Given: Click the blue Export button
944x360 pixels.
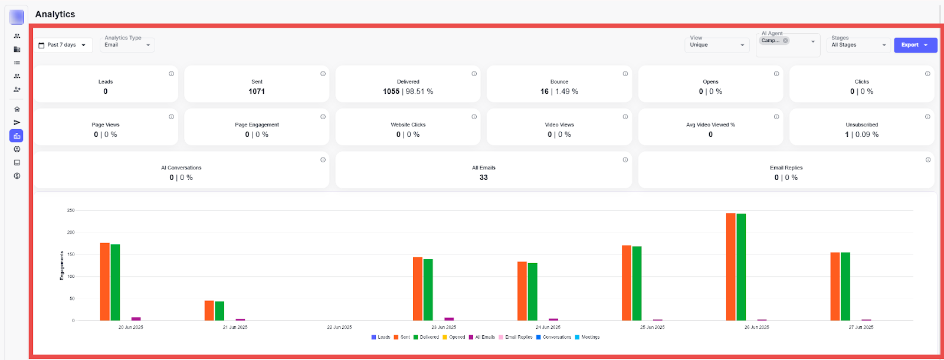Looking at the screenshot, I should (x=914, y=45).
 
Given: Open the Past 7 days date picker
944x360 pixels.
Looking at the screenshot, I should (x=63, y=45).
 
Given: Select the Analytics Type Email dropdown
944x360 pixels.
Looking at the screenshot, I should (x=127, y=45).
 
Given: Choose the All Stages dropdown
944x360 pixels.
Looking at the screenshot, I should (x=858, y=45).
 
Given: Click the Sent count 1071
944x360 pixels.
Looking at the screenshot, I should (x=257, y=91).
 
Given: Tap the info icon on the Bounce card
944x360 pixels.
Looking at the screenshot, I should (x=625, y=74).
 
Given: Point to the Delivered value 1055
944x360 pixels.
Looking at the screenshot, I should (x=391, y=91).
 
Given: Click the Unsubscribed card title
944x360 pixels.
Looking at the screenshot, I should (x=861, y=125).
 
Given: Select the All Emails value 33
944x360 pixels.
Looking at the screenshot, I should (x=483, y=178).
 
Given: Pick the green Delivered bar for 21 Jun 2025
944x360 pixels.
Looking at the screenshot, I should (x=219, y=311).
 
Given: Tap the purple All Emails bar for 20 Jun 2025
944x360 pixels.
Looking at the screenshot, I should (x=136, y=319).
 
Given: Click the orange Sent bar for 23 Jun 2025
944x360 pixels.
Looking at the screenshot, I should (x=418, y=289).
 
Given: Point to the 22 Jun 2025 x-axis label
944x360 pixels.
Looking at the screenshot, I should (x=339, y=327).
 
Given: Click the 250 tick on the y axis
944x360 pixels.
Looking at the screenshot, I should (x=71, y=210).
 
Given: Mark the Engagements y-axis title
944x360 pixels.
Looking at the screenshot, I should (x=62, y=266).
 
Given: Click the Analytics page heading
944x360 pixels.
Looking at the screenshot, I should (x=55, y=14).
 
